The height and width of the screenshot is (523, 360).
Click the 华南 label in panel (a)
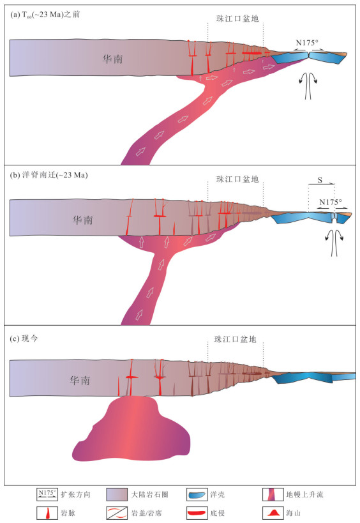click(113, 59)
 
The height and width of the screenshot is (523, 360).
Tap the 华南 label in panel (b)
click(83, 220)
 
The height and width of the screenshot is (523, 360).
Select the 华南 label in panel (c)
click(80, 380)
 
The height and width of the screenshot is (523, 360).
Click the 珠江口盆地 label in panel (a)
click(237, 19)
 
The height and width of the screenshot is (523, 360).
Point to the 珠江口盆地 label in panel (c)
click(236, 339)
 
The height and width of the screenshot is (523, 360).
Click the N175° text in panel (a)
click(307, 43)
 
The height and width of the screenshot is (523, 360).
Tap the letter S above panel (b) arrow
click(320, 180)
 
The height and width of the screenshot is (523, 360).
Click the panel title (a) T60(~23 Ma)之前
click(45, 15)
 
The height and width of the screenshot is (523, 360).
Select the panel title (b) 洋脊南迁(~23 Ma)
click(49, 175)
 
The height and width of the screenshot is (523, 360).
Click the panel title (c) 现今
click(24, 338)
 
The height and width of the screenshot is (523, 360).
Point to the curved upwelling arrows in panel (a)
click(308, 85)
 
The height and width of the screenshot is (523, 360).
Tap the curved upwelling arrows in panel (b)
click(334, 243)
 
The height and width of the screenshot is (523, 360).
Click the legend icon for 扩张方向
click(47, 494)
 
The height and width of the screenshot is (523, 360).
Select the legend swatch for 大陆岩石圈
click(117, 494)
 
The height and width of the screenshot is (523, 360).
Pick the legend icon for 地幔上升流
click(273, 494)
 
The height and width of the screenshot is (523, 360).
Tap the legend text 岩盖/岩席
click(147, 513)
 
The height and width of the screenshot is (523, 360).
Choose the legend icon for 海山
click(273, 513)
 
